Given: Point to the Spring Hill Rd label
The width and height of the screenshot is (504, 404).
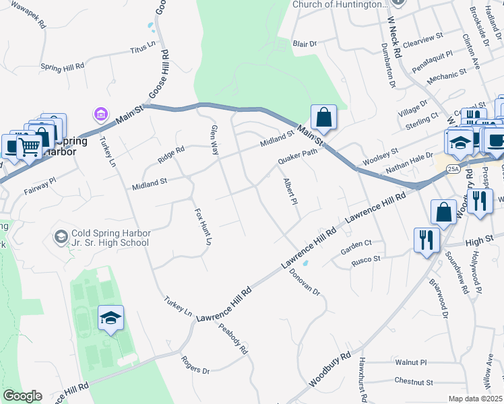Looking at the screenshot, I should point(62,67).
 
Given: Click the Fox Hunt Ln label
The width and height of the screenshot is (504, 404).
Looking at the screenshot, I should point(203,227).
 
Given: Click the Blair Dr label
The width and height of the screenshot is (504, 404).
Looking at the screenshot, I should point(305,44).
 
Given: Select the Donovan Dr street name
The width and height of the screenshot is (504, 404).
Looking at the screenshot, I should point(306,283).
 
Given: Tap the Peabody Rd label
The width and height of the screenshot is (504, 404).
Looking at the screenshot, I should point(233,339).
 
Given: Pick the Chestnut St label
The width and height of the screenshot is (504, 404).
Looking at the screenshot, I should point(414,382).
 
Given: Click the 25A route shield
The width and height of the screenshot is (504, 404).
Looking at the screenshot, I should point(453,168).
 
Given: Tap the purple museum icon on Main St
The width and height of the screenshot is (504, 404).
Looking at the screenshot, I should point(101,115).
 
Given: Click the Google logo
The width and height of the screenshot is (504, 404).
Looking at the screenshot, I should point(22,396).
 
